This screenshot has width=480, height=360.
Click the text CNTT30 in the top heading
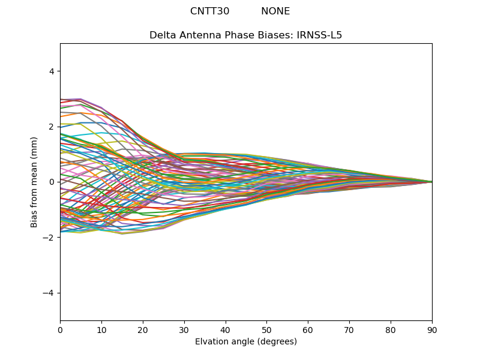[209, 11]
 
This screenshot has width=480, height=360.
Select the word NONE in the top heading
[275, 11]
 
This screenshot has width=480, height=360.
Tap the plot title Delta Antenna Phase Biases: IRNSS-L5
[246, 35]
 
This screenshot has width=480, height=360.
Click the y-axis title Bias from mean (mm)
[34, 182]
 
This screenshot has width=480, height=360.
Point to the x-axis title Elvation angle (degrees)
[246, 341]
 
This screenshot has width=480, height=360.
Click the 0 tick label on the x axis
[60, 329]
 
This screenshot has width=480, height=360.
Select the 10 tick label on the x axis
[101, 329]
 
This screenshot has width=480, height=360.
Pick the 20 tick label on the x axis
[143, 329]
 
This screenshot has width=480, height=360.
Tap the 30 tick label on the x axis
[184, 329]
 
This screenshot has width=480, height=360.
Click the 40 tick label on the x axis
[226, 329]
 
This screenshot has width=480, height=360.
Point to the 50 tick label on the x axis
[266, 329]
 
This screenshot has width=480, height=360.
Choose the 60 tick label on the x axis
[308, 329]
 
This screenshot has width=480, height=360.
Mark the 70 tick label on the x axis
[349, 329]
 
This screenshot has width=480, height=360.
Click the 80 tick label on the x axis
[391, 329]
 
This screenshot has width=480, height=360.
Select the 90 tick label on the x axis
[432, 329]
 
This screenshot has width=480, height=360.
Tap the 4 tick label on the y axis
[51, 71]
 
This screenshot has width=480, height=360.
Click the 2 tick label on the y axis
[51, 127]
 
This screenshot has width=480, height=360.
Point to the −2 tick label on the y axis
[49, 237]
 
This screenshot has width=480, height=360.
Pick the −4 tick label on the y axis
[49, 293]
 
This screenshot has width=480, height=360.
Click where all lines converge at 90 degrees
[431, 182]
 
